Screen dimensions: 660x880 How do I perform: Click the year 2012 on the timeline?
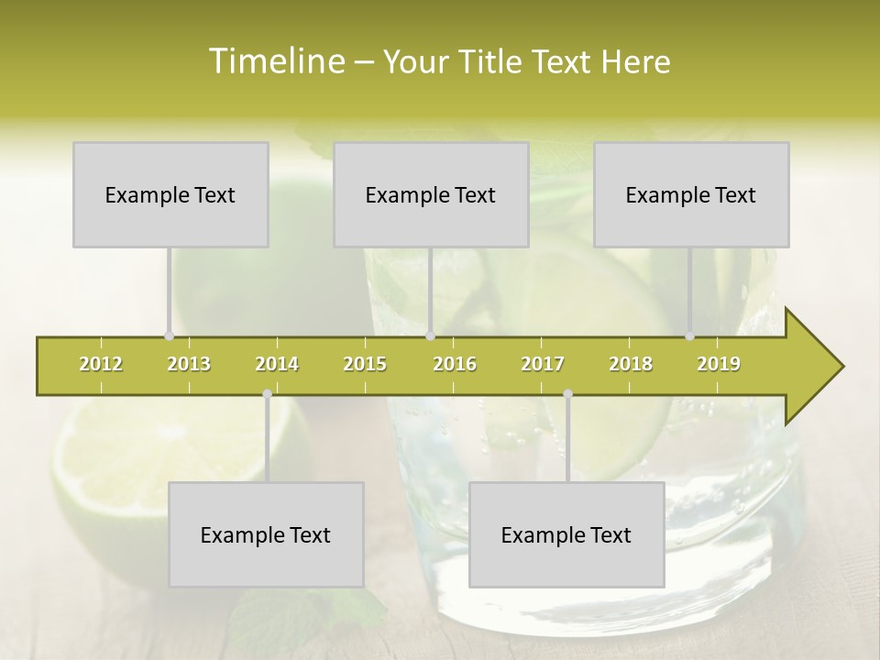pos(101,364)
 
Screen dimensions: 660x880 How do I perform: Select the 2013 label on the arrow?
pos(189,364)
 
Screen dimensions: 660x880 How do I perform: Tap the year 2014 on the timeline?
pos(277,364)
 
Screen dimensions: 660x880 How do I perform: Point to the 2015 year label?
pos(365,364)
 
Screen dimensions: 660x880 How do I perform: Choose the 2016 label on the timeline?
pos(455,364)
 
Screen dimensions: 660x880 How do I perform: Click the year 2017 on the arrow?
pos(543,364)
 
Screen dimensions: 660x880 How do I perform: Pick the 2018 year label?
pos(631,364)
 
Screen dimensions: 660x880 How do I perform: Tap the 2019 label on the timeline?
pos(719,364)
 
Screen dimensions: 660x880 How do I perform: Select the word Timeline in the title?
pos(275,61)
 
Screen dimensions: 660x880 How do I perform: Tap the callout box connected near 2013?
pos(170,194)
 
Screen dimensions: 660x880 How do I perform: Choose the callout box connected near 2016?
pos(431,194)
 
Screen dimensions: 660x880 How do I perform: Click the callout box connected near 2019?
pos(691,194)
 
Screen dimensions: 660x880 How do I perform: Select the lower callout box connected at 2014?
pos(266,534)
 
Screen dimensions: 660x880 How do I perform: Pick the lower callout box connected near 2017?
pos(566,534)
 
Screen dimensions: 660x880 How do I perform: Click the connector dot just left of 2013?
pos(169,336)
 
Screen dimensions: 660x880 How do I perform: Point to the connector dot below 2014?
pos(267,394)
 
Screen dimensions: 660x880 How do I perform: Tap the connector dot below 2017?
pos(567,394)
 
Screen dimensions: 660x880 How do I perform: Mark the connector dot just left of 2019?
pos(690,336)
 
